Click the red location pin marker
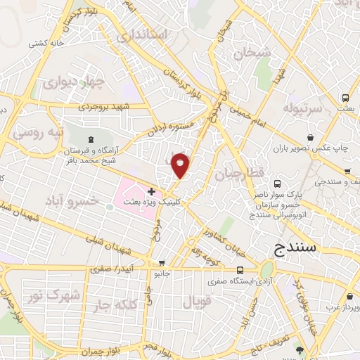181,165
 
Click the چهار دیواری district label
73,83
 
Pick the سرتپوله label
302,108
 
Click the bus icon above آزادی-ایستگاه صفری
240,270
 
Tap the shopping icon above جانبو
162,263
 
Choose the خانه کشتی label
47,43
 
